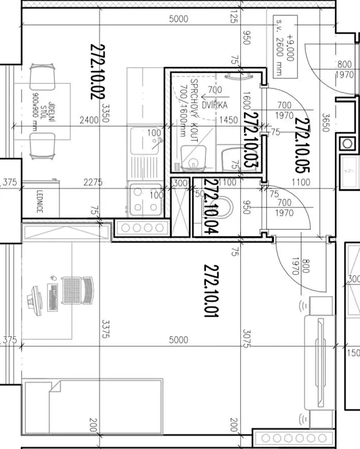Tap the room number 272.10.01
[212, 291]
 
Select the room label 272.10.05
[302, 145]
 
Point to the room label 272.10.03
[251, 139]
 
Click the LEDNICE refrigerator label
[40, 201]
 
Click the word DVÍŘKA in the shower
[215, 105]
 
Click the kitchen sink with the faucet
[145, 141]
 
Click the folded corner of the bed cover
[55, 386]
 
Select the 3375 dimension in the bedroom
[105, 328]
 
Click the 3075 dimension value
[247, 339]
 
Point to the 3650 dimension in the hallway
[325, 123]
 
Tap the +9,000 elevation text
[290, 48]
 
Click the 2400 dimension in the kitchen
[89, 119]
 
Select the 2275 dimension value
[93, 182]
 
